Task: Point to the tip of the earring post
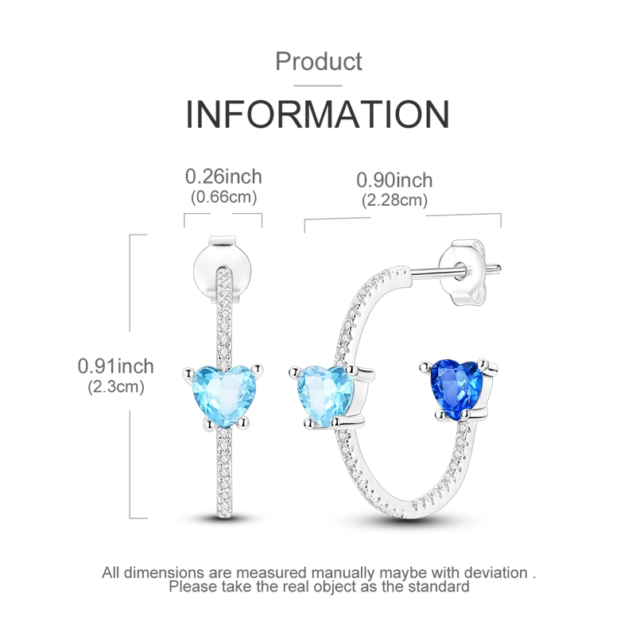[500, 269]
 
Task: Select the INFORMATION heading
[318, 112]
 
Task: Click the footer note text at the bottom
[318, 578]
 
